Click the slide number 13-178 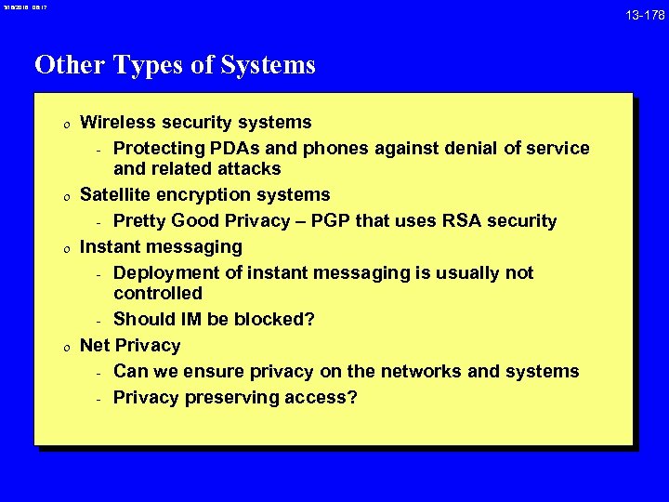(x=644, y=16)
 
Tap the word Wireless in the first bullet (x=116, y=122)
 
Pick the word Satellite (x=116, y=194)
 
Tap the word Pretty (x=142, y=220)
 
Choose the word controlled (x=158, y=293)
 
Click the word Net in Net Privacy (x=95, y=345)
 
